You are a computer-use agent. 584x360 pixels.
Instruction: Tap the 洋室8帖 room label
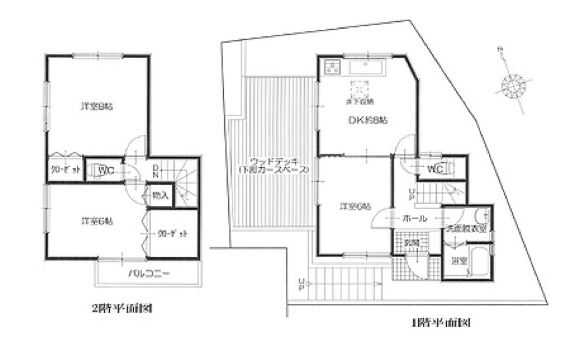click(97, 107)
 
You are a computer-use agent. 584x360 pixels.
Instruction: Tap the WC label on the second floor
click(106, 171)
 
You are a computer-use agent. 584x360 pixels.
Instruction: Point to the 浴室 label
click(458, 261)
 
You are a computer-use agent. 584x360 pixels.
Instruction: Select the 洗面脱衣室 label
click(467, 229)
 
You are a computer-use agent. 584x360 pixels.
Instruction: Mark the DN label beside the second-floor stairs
click(157, 171)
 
